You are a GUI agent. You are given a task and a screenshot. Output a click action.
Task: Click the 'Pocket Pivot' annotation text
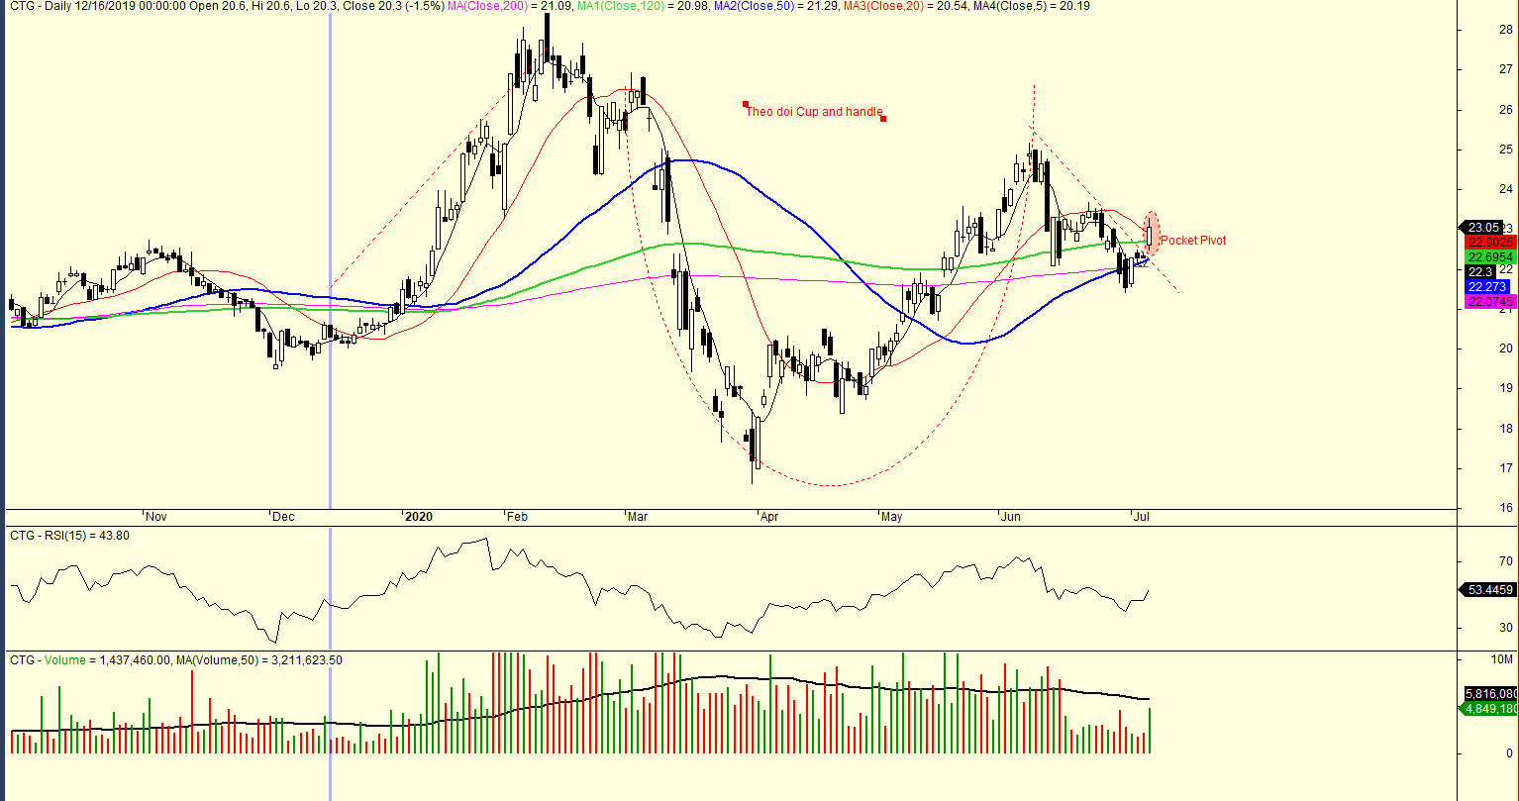coord(1192,241)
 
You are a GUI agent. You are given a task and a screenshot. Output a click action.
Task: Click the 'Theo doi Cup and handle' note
coord(813,112)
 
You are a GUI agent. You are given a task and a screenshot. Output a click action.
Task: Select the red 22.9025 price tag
coord(1489,242)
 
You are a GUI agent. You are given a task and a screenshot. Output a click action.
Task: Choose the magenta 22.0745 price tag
coord(1489,302)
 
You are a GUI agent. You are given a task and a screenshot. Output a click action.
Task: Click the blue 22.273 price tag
coord(1486,287)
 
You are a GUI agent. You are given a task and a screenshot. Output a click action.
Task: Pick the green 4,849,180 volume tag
coord(1489,709)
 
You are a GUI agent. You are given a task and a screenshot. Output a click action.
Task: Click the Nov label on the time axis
coord(155,517)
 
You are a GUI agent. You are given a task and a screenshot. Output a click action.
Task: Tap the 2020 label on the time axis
coord(419,517)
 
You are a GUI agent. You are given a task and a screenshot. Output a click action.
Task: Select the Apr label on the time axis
coord(768,517)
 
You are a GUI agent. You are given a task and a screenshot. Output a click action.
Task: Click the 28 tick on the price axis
coord(1502,29)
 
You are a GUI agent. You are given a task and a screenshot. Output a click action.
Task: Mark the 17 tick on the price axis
coord(1502,468)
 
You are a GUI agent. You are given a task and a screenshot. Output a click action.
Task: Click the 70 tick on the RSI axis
coord(1502,561)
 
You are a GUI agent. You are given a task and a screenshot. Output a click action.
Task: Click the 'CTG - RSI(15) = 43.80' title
coord(69,536)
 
